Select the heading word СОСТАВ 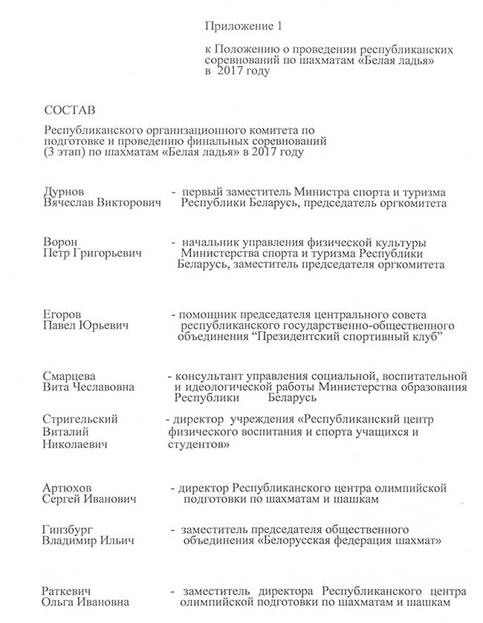[x=71, y=111]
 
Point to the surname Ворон [x=62, y=243]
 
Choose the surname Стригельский [x=81, y=420]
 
